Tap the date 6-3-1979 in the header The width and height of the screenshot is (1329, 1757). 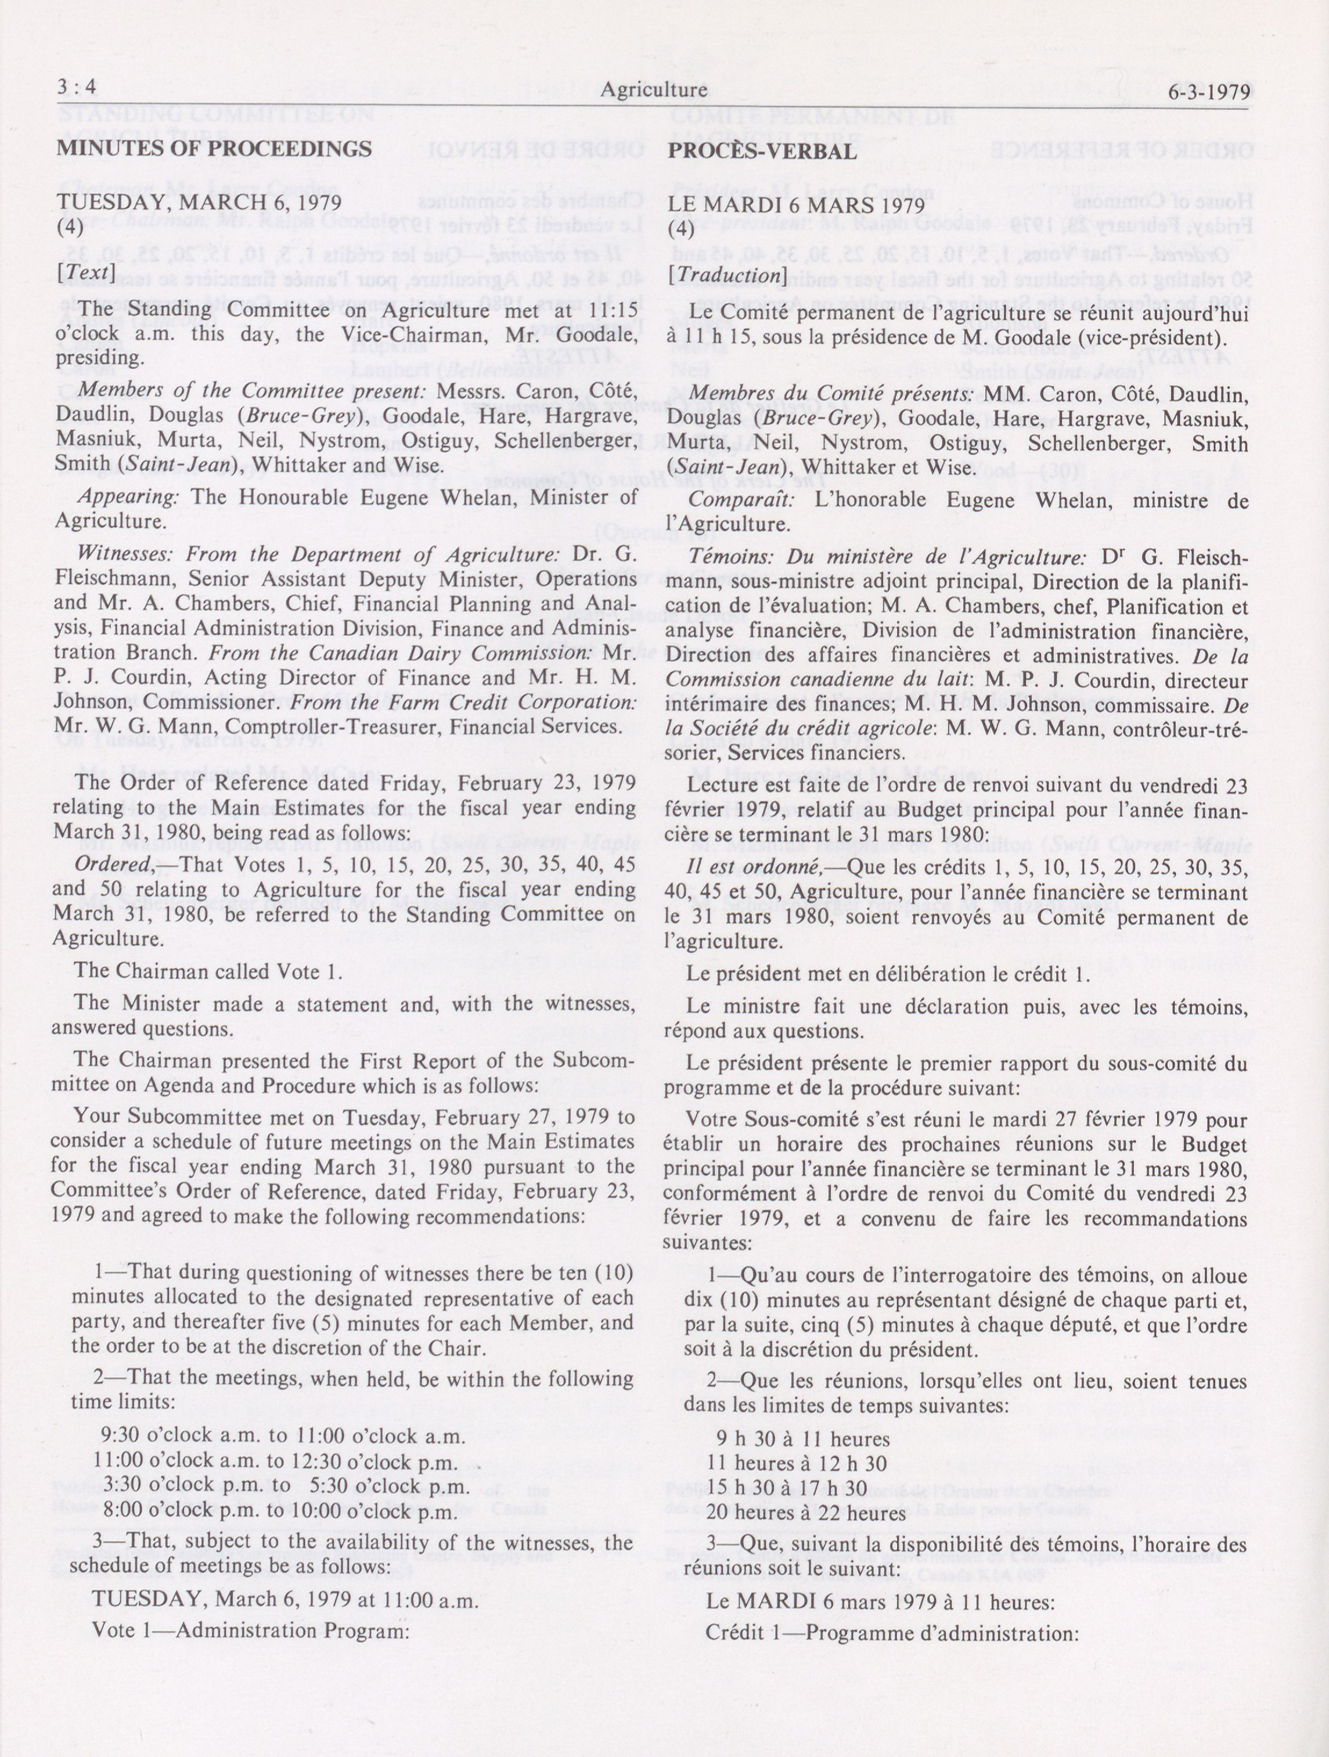click(1209, 91)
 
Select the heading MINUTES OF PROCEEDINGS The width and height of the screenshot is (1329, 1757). click(214, 149)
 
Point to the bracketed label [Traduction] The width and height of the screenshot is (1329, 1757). click(726, 275)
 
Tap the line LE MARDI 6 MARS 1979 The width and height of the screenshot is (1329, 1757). click(796, 205)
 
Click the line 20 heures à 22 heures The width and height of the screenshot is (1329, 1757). click(805, 1513)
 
